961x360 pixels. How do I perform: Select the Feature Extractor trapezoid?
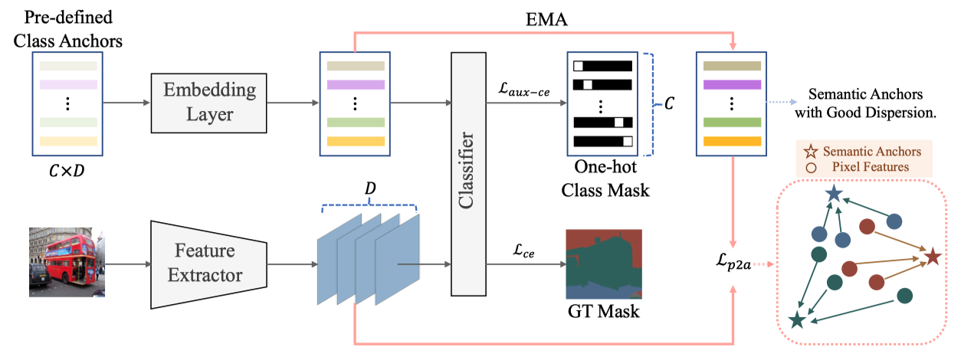pos(208,263)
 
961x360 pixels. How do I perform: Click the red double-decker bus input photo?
pos(66,262)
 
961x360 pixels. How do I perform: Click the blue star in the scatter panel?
pos(834,195)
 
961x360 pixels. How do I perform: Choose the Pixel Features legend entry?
pos(870,167)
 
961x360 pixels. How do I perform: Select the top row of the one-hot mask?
pos(602,65)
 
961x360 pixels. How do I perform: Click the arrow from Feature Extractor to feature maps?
pos(290,264)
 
